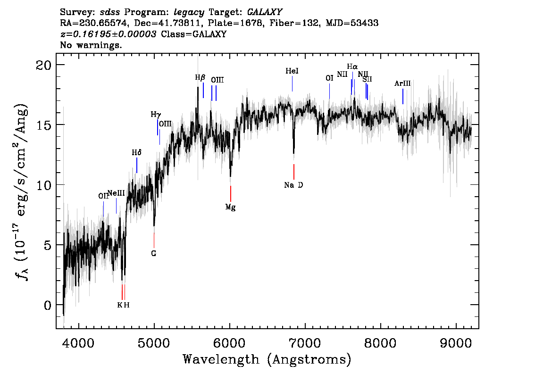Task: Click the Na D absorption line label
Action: click(293, 185)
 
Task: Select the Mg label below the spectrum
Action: click(230, 207)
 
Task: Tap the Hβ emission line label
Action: click(201, 77)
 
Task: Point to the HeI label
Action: click(292, 71)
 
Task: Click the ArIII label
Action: click(402, 83)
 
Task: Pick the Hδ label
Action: click(136, 152)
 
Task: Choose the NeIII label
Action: click(116, 193)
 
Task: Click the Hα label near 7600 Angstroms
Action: click(352, 66)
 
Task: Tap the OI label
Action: click(329, 78)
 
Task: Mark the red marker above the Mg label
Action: click(230, 193)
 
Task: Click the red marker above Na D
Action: click(294, 171)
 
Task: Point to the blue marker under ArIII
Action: click(402, 96)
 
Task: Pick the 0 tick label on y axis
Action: click(47, 305)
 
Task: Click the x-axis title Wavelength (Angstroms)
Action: click(267, 359)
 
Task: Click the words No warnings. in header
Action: click(91, 45)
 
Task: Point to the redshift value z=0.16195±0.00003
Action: click(109, 34)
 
